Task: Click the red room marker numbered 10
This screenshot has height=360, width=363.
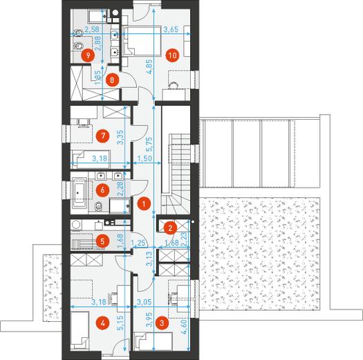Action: pos(172,55)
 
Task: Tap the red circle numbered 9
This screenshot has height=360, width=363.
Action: pos(88,55)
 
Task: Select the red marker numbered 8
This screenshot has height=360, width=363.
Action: pos(112,80)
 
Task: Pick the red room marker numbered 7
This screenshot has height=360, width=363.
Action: pos(102,136)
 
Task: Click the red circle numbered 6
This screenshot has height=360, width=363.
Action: pos(102,190)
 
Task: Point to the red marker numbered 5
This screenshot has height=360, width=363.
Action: pos(102,242)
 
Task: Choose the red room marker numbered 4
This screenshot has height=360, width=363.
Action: pos(102,323)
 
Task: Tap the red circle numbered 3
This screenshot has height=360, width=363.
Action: pos(162,323)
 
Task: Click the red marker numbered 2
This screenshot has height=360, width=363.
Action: pos(170,228)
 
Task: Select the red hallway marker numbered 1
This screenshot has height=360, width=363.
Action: pos(144,204)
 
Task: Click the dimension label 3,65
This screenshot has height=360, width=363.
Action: pos(171,30)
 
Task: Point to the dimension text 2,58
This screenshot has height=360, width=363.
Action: pos(91,30)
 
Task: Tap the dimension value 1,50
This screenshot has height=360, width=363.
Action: pos(145,159)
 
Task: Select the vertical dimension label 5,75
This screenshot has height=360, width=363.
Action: pos(149,145)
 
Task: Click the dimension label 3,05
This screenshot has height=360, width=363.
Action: pos(145,302)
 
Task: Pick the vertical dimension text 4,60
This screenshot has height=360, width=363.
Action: pos(185,326)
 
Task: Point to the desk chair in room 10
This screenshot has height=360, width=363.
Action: pos(174,86)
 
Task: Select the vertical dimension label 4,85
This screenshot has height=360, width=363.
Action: pos(149,66)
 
